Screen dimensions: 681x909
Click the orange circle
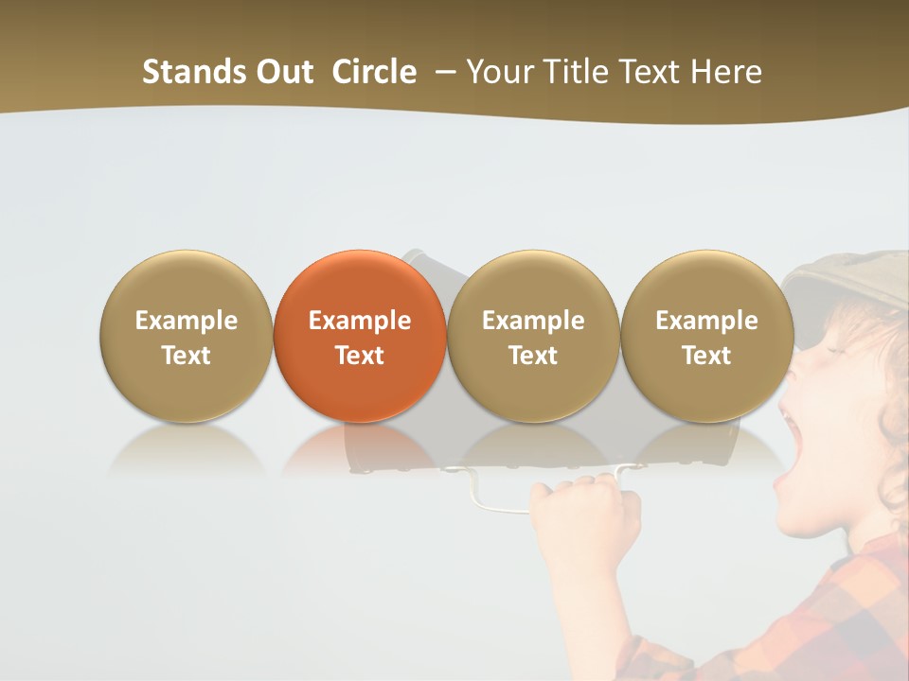(x=359, y=336)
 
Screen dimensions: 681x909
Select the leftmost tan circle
(x=186, y=336)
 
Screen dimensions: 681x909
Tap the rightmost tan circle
(x=706, y=336)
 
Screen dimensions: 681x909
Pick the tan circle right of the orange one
(x=533, y=336)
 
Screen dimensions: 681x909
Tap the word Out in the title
(x=283, y=72)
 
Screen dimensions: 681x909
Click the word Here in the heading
(x=726, y=72)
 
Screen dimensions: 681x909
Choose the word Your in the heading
(x=499, y=72)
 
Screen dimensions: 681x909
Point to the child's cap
(x=843, y=279)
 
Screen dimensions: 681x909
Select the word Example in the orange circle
(x=359, y=321)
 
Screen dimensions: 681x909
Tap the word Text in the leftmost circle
(x=186, y=356)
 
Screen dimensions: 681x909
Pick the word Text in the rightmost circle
(x=706, y=356)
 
